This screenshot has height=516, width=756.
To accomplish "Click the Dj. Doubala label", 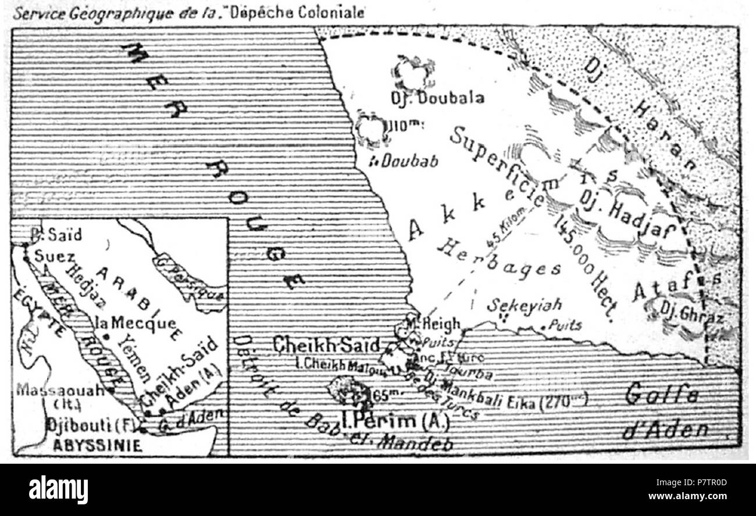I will pyautogui.click(x=437, y=98).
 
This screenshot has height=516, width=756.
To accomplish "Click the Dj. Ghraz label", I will pyautogui.click(x=692, y=318).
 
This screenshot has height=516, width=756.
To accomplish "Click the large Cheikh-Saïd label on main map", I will pyautogui.click(x=327, y=345).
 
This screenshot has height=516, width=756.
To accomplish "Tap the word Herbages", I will pyautogui.click(x=499, y=259).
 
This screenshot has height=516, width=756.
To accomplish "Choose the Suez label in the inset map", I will pyautogui.click(x=54, y=256).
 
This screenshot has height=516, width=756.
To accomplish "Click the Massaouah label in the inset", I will pyautogui.click(x=59, y=389).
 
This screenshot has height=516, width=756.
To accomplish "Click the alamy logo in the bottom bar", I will pyautogui.click(x=58, y=489).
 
